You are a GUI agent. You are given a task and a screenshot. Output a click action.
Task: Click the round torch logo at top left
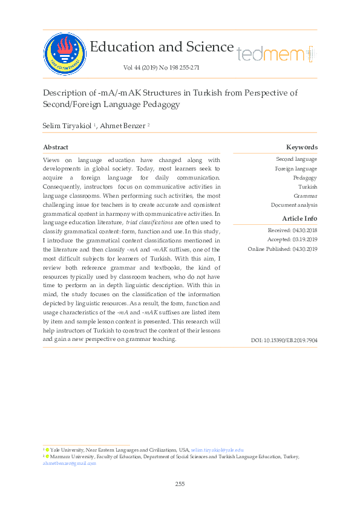(x=64, y=52)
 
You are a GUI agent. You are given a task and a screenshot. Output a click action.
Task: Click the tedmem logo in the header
(x=276, y=54)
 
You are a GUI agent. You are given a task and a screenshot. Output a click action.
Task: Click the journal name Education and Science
(x=161, y=47)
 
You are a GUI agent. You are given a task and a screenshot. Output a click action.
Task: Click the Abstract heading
(x=56, y=147)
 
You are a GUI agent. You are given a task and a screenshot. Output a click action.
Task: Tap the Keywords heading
(x=301, y=147)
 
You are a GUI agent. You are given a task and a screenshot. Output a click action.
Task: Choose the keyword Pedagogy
(x=305, y=178)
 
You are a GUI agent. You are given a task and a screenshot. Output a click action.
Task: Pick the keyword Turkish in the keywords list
(x=307, y=187)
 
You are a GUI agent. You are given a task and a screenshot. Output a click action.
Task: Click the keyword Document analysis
(x=294, y=205)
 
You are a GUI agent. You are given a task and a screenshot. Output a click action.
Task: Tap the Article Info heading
(x=299, y=218)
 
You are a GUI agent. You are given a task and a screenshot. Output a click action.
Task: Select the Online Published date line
(x=283, y=249)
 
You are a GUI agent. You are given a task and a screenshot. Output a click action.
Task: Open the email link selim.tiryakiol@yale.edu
(x=217, y=450)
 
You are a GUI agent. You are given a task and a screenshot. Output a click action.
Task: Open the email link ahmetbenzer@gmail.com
(x=70, y=463)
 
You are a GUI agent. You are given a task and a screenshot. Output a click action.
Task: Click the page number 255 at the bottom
(x=180, y=484)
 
